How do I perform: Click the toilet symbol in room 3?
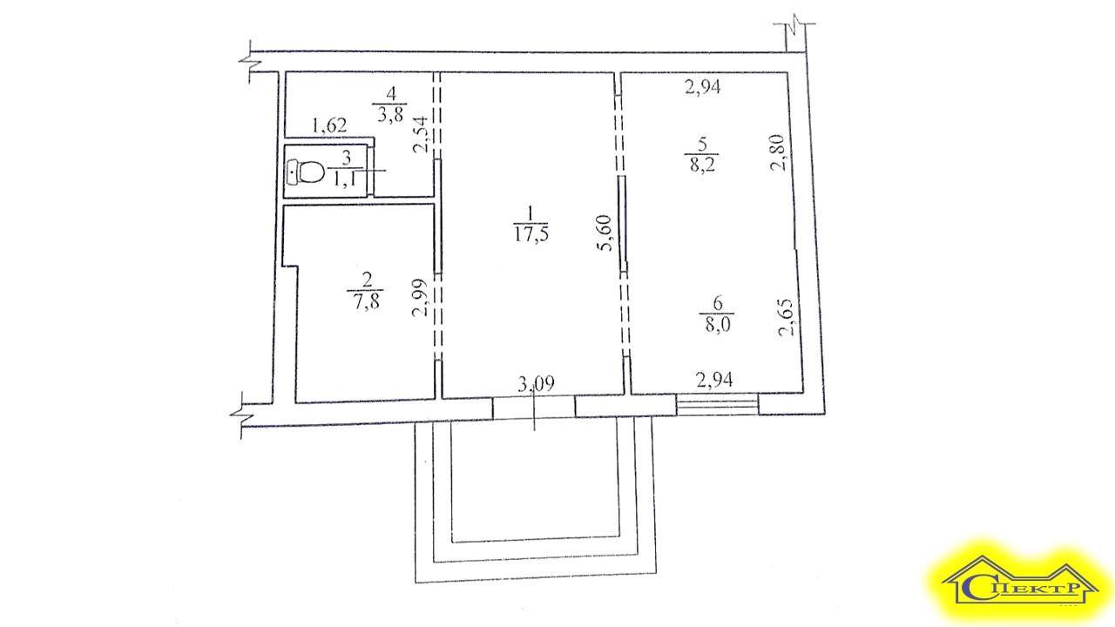(306, 172)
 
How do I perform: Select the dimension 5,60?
(605, 233)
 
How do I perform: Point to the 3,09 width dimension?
(536, 384)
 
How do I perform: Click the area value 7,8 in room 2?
(367, 301)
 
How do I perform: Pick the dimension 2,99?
(421, 298)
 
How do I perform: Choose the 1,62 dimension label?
(329, 125)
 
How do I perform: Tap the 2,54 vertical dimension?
(421, 134)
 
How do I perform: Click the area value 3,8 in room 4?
(391, 114)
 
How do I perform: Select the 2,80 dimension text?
(778, 152)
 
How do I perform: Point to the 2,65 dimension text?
(786, 318)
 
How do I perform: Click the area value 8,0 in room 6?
(717, 325)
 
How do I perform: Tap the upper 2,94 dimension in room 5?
(703, 88)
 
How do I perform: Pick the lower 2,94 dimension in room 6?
(714, 381)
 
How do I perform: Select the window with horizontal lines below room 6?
(717, 404)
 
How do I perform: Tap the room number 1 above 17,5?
(530, 213)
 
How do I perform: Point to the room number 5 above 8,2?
(702, 145)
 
